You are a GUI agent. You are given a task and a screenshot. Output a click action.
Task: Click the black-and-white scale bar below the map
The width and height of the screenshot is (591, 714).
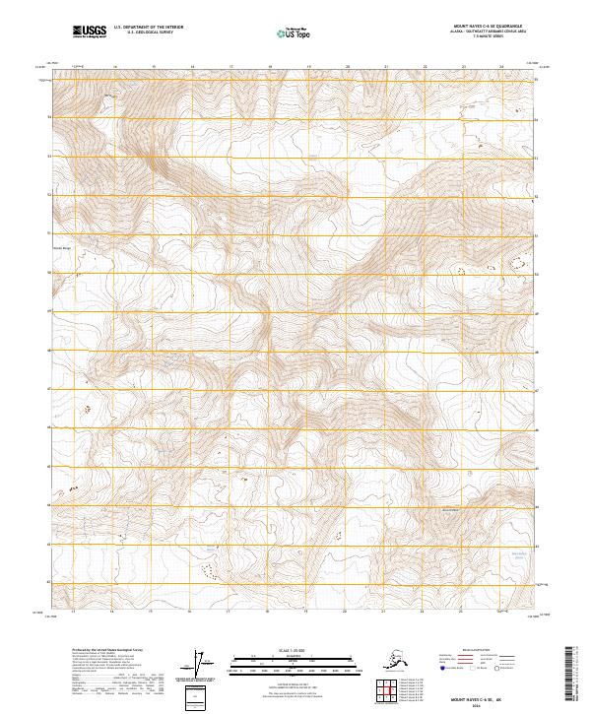294,661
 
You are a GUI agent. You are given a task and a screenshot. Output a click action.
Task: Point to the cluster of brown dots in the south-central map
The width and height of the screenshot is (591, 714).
208,568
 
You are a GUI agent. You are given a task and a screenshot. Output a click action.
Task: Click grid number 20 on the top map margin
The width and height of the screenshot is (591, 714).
347,67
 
